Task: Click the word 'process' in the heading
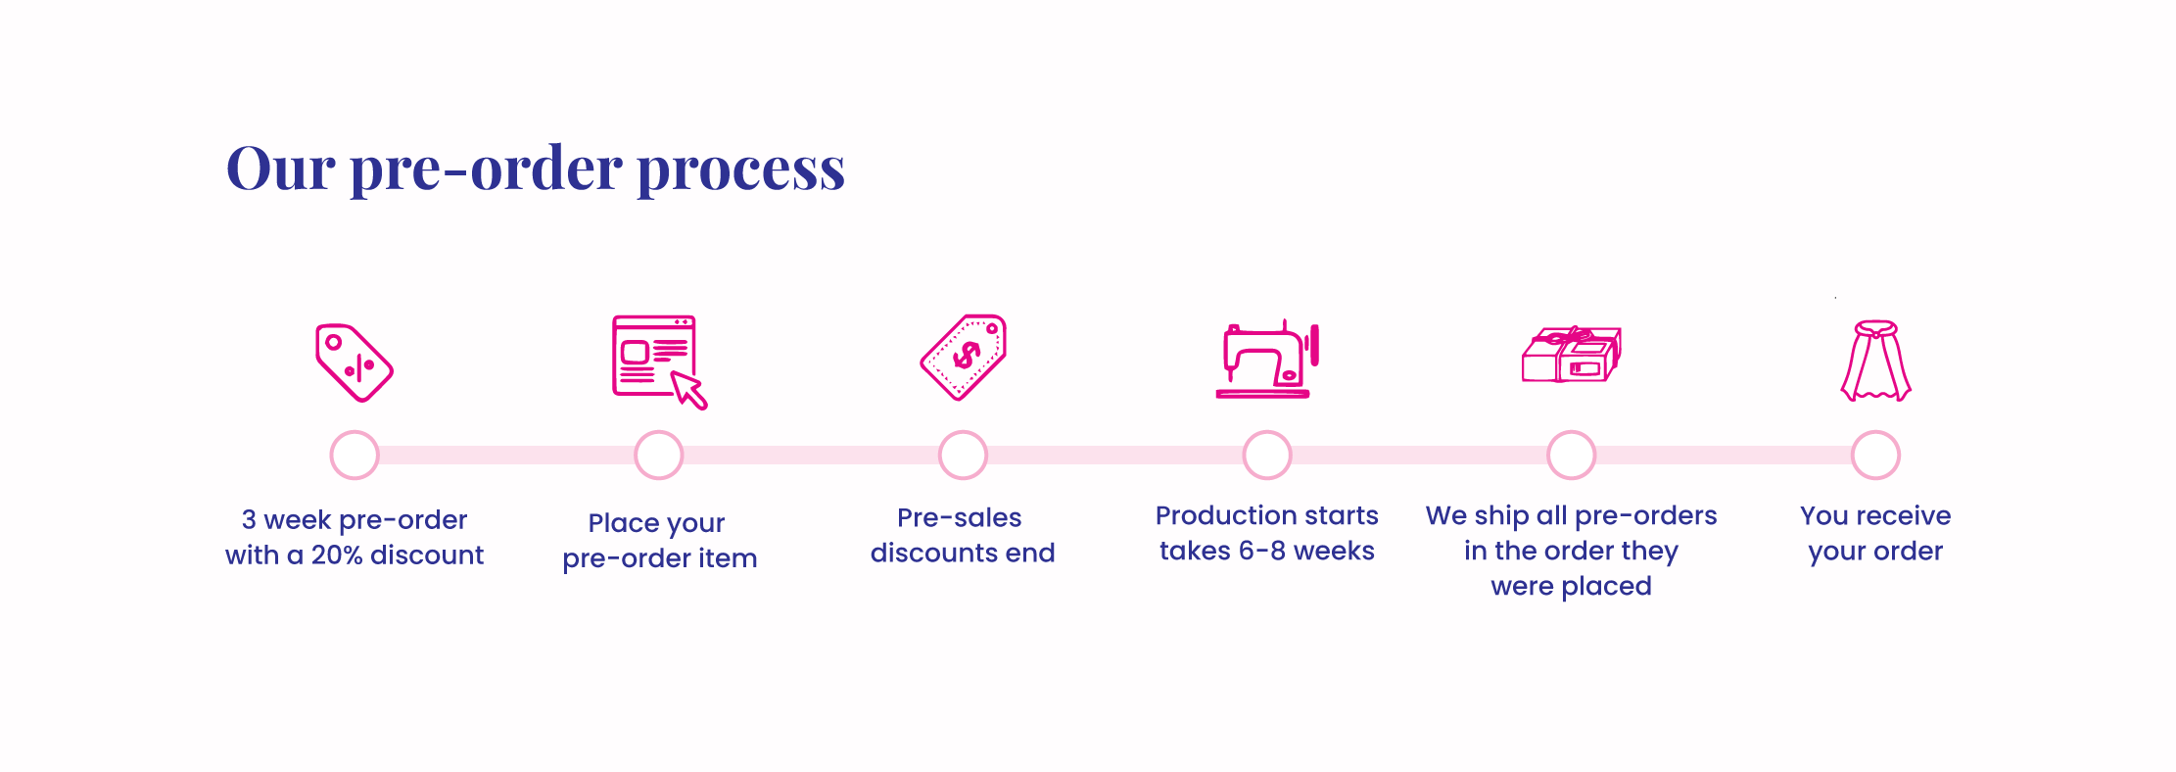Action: coord(740,170)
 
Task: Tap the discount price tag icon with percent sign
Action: coord(354,362)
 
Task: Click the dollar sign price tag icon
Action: coord(964,358)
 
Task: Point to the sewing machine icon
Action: coord(1267,360)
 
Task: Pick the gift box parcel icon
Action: coord(1572,355)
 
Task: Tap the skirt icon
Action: coord(1875,361)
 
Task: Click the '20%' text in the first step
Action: coord(337,555)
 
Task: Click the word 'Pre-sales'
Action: coord(960,518)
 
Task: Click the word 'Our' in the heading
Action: coord(281,169)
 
